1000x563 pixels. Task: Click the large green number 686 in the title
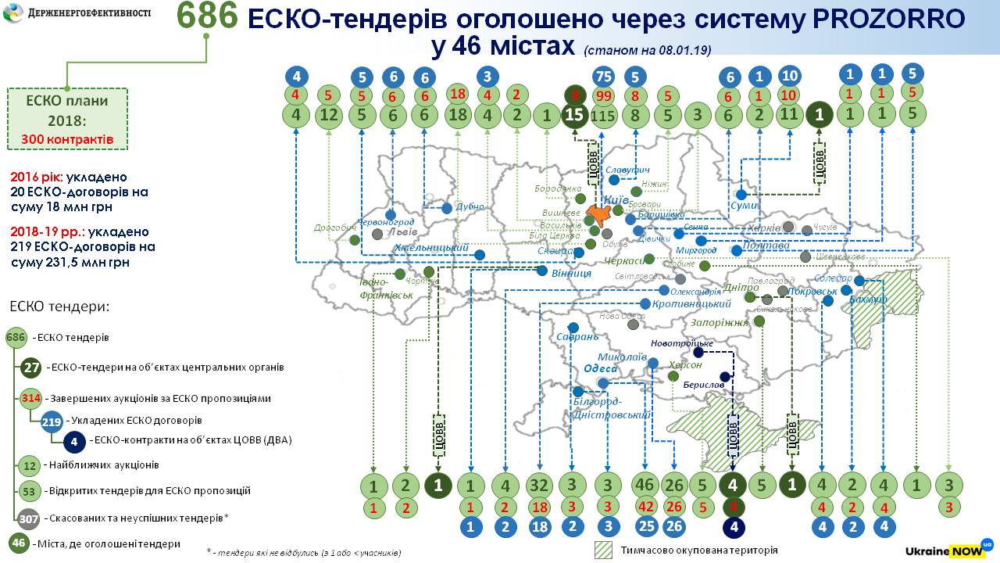(206, 17)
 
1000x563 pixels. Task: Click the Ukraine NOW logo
(948, 550)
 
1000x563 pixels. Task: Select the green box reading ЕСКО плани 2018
(68, 119)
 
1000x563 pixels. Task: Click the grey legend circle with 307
(30, 518)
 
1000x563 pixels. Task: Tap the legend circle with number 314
(31, 398)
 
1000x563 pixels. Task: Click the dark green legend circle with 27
(31, 367)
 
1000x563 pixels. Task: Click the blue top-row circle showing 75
(603, 77)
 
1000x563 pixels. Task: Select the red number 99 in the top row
(603, 95)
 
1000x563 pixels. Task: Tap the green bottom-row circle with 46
(645, 486)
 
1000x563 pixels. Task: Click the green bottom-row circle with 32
(540, 486)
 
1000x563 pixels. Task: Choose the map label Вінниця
(571, 273)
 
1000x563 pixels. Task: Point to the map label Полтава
(766, 246)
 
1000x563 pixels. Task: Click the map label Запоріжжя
(719, 322)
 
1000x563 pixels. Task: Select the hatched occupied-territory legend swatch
(604, 550)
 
